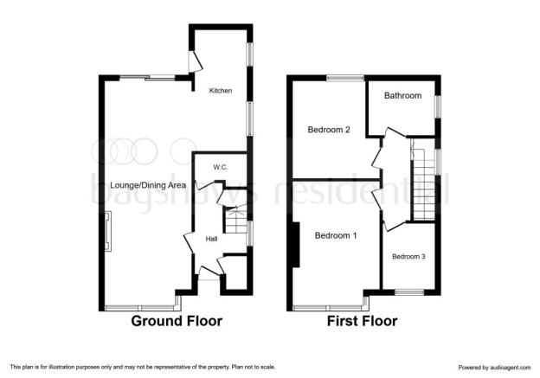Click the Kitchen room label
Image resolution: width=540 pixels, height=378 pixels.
tap(221, 91)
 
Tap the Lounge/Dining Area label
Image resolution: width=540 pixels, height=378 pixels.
tap(148, 185)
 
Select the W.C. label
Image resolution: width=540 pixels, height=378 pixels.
tap(221, 167)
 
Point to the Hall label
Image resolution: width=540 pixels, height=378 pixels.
tap(211, 239)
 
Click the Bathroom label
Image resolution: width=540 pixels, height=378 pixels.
tap(402, 95)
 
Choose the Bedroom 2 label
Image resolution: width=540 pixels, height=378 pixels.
tap(329, 130)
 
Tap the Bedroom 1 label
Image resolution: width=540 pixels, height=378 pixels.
tap(336, 235)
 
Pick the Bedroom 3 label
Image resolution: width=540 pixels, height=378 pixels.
tap(408, 257)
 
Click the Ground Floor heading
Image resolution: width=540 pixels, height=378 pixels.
tap(177, 321)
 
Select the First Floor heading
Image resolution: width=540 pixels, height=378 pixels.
tap(362, 321)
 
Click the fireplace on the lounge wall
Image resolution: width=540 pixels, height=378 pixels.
tap(108, 231)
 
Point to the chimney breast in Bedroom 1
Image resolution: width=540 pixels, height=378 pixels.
tap(295, 245)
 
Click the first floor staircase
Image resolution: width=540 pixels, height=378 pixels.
tap(423, 179)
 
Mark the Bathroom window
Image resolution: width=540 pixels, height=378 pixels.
tap(438, 106)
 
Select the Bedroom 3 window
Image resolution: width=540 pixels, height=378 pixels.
tap(409, 292)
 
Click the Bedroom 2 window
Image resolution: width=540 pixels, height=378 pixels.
tap(345, 78)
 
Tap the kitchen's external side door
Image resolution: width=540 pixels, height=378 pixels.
tap(195, 62)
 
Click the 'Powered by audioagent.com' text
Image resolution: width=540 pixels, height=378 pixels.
tap(494, 368)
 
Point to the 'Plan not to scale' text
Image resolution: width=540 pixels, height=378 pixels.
tap(254, 367)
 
